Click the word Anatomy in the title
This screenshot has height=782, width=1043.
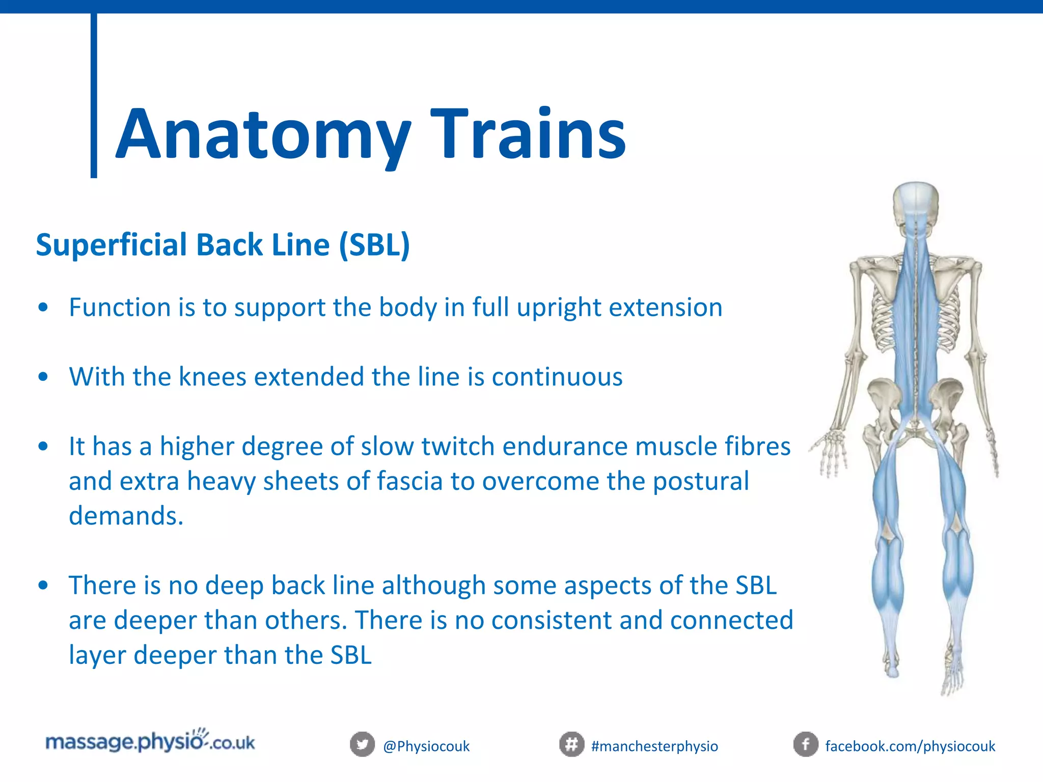tap(263, 135)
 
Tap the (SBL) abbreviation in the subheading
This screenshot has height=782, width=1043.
tap(375, 245)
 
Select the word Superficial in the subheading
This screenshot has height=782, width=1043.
tap(112, 245)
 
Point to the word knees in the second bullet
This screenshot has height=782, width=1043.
tap(212, 377)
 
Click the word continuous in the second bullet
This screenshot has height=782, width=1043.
tap(557, 377)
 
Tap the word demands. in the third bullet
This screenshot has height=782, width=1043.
tap(126, 516)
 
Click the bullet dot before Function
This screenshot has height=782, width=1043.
tap(43, 308)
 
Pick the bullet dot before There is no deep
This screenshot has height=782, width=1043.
tap(43, 585)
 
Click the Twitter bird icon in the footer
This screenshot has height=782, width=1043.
tap(362, 745)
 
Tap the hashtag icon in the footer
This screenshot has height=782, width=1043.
tap(571, 745)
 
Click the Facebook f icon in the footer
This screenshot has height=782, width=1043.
tap(806, 745)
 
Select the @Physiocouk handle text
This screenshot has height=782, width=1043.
tap(426, 746)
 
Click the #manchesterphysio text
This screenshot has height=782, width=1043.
tap(654, 746)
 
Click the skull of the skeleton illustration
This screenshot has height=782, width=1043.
tap(916, 204)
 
